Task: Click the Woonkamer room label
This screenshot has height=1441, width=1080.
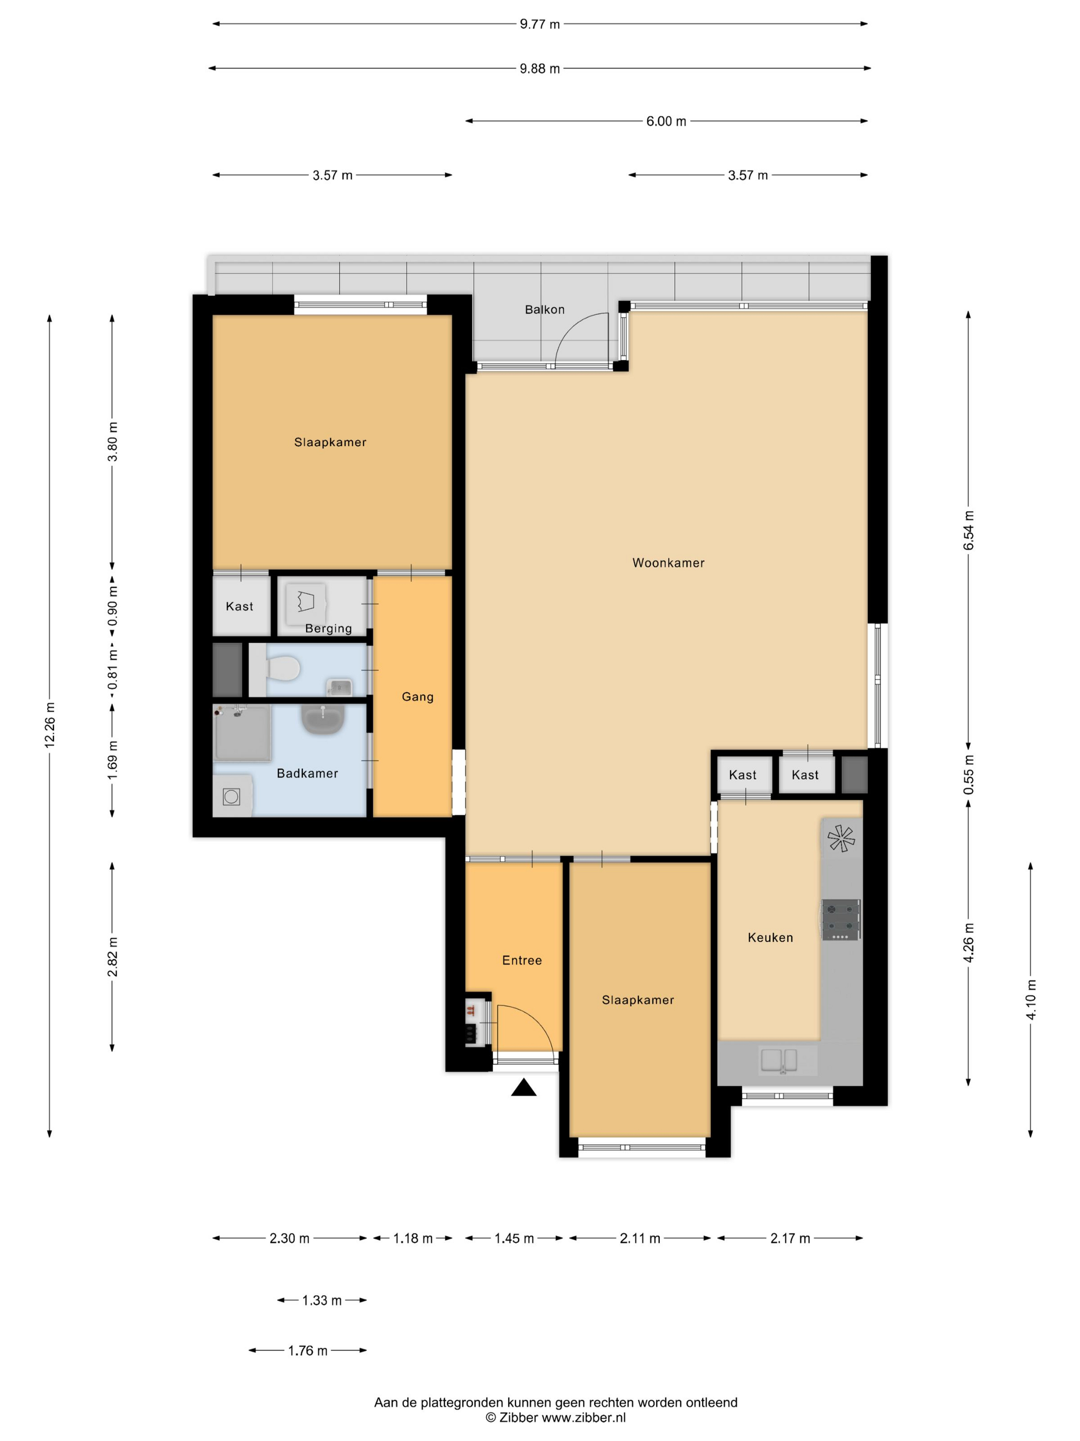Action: pyautogui.click(x=668, y=563)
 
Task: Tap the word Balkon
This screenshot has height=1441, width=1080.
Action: pyautogui.click(x=544, y=309)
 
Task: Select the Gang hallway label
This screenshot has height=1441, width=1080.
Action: pyautogui.click(x=417, y=697)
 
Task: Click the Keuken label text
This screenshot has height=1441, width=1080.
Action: pyautogui.click(x=770, y=938)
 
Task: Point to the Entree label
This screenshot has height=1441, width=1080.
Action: pyautogui.click(x=521, y=960)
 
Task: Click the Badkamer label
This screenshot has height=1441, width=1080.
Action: pyautogui.click(x=307, y=774)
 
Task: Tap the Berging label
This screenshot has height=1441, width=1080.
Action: pyautogui.click(x=328, y=629)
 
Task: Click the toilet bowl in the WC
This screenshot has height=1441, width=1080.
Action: pyautogui.click(x=283, y=667)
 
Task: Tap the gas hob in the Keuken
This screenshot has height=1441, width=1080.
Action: pyautogui.click(x=840, y=920)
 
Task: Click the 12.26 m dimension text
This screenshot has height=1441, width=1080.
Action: pyautogui.click(x=49, y=726)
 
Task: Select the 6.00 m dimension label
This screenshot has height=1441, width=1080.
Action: pyautogui.click(x=666, y=121)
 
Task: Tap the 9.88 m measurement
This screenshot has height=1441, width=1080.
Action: pyautogui.click(x=539, y=68)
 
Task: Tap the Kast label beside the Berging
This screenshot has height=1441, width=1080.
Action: pyautogui.click(x=239, y=606)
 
